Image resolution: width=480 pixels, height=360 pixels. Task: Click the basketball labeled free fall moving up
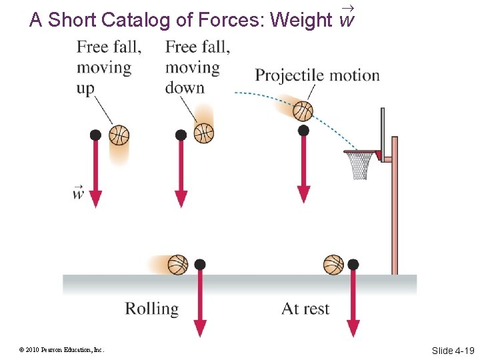pos(119,135)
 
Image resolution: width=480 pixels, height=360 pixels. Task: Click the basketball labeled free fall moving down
pos(203,133)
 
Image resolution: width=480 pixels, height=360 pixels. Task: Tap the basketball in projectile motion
pos(303,111)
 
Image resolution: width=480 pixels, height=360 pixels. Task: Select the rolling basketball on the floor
pos(178,265)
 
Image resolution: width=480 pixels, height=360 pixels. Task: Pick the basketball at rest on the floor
pos(333,265)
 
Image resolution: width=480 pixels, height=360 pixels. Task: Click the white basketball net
pos(360,165)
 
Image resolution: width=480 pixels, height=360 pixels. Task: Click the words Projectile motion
pos(317,75)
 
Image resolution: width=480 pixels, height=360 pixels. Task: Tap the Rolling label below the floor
pos(152,309)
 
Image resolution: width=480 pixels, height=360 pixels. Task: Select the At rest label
pos(305,309)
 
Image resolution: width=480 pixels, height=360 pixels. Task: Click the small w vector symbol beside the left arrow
pos(79,193)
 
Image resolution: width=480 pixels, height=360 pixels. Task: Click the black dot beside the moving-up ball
pos(95,135)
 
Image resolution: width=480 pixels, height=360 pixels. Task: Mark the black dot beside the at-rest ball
pos(353,265)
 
